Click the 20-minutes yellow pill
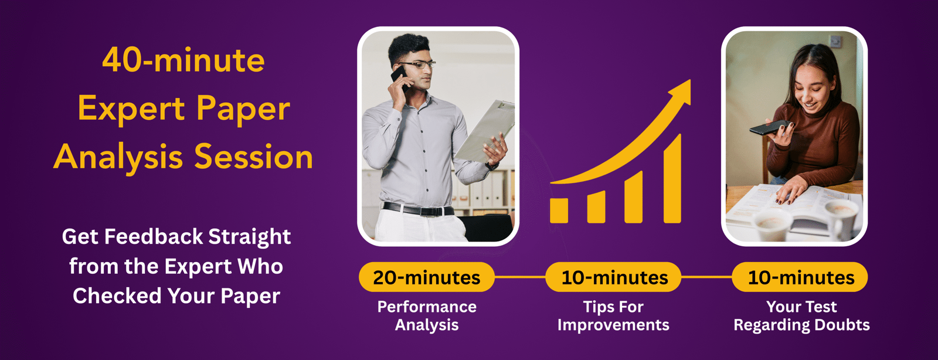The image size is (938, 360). tap(427, 277)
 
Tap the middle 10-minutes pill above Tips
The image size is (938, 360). tap(613, 277)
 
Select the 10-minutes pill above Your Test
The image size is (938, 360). tap(800, 277)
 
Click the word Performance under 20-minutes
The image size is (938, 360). tap(427, 307)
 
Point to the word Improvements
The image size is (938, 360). tap(613, 325)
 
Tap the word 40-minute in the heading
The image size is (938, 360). tap(183, 60)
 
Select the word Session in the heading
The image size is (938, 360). tap(253, 157)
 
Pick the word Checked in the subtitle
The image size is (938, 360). tap(117, 296)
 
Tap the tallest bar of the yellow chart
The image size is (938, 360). tap(672, 179)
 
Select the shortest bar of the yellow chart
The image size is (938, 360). tap(559, 210)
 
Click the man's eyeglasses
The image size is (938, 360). tap(417, 65)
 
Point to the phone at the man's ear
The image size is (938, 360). tap(400, 78)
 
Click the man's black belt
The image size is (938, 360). tap(418, 209)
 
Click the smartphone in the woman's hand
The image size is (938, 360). tap(770, 127)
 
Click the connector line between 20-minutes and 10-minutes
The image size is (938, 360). tap(520, 277)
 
